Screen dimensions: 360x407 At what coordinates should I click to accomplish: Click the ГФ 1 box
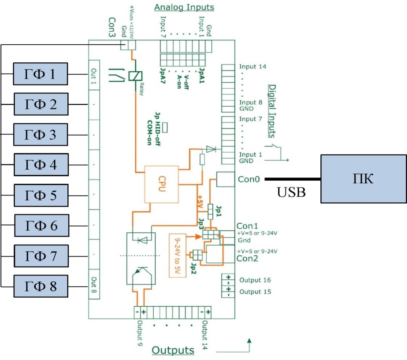pos(41,74)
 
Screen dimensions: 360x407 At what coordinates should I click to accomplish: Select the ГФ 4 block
pos(41,165)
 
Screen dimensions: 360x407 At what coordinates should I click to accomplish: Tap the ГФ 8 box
pos(41,286)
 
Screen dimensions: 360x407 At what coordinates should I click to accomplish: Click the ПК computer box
pos(363,179)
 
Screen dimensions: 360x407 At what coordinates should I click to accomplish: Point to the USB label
pos(291,192)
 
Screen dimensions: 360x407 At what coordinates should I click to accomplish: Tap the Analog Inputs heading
pos(184,7)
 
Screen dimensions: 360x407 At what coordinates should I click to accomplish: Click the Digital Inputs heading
pos(271,111)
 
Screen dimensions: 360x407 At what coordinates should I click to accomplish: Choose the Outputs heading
pos(173,350)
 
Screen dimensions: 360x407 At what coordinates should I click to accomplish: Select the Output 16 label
pos(255,280)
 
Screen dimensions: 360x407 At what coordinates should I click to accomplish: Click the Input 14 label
pos(253,67)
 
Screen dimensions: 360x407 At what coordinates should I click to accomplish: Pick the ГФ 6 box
pos(41,226)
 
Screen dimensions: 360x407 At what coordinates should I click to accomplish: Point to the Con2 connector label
pos(247,259)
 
